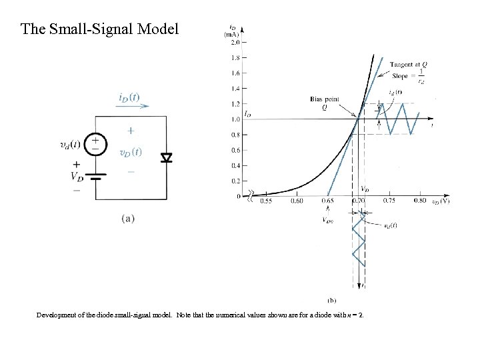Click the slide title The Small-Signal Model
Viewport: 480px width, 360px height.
100,29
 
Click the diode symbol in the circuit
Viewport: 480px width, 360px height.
166,157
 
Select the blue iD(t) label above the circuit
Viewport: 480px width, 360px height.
129,97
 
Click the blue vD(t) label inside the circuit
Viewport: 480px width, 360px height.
130,152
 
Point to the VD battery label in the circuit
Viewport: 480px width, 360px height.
77,177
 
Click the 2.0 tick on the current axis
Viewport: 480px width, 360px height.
235,42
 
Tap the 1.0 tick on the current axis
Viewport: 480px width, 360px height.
235,119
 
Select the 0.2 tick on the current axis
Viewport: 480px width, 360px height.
235,181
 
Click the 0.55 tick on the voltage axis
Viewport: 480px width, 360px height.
265,201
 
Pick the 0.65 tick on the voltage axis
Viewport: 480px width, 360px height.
327,201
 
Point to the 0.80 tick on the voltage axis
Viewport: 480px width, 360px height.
420,201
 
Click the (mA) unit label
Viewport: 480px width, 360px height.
232,33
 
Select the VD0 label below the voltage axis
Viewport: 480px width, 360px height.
327,220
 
